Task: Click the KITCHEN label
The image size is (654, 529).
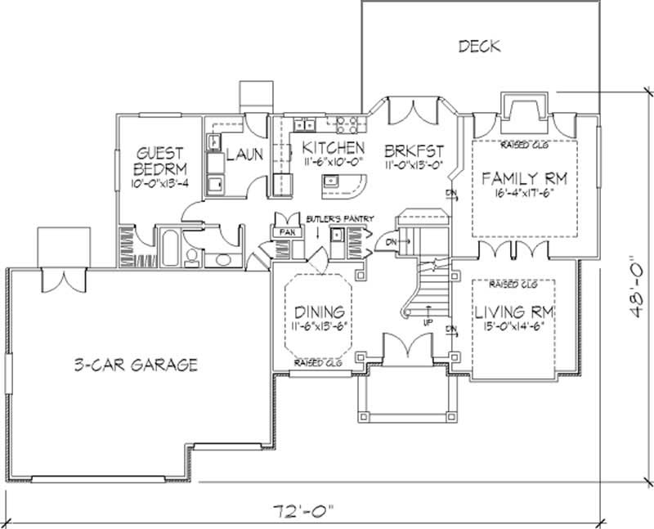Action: pyautogui.click(x=332, y=148)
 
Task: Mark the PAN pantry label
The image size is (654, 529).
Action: pyautogui.click(x=288, y=232)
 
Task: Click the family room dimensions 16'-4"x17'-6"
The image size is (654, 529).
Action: pyautogui.click(x=524, y=195)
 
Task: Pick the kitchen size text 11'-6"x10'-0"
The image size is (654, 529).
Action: pyautogui.click(x=331, y=164)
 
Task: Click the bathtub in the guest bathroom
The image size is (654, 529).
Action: pyautogui.click(x=170, y=244)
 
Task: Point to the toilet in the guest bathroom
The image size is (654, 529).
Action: pyautogui.click(x=192, y=259)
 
